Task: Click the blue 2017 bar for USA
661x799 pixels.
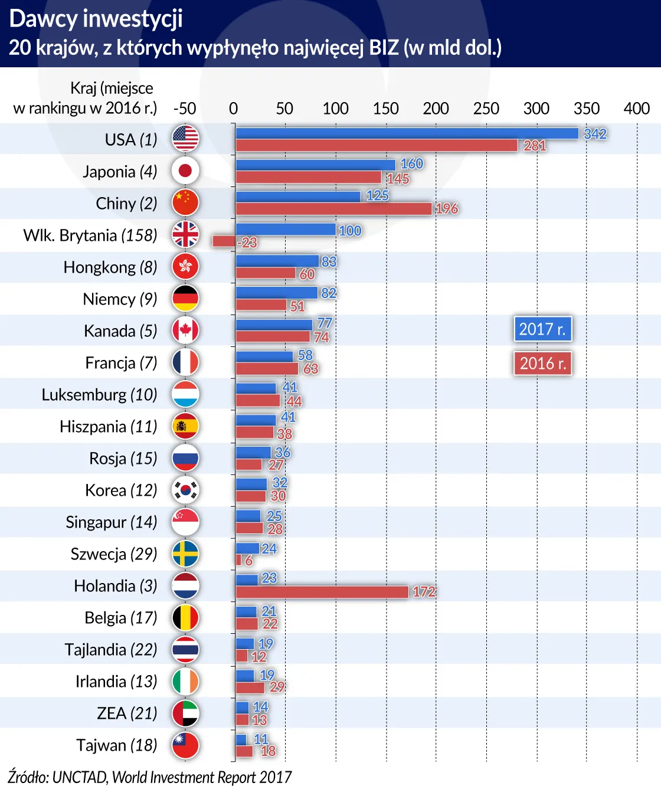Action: click(407, 133)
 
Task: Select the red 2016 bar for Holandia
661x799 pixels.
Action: click(322, 592)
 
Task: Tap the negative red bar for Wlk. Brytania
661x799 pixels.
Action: click(224, 241)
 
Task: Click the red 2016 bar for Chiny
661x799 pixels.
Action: click(333, 209)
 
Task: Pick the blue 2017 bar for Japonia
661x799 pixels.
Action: click(316, 165)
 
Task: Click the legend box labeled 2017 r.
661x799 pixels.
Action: click(542, 329)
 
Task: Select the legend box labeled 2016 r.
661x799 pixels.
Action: click(542, 364)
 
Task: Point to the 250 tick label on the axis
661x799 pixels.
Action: click(486, 109)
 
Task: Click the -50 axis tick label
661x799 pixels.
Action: click(184, 109)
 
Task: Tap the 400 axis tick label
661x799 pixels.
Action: click(636, 109)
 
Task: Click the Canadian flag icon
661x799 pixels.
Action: click(185, 330)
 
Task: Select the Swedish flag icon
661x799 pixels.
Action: click(185, 554)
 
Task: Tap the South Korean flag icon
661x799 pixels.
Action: click(185, 490)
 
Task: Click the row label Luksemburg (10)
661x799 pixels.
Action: click(99, 395)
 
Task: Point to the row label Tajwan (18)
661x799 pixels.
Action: click(116, 745)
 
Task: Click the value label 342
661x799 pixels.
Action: click(595, 134)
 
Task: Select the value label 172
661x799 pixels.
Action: click(424, 592)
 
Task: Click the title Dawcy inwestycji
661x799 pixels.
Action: click(96, 19)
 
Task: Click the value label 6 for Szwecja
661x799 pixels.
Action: click(248, 561)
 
